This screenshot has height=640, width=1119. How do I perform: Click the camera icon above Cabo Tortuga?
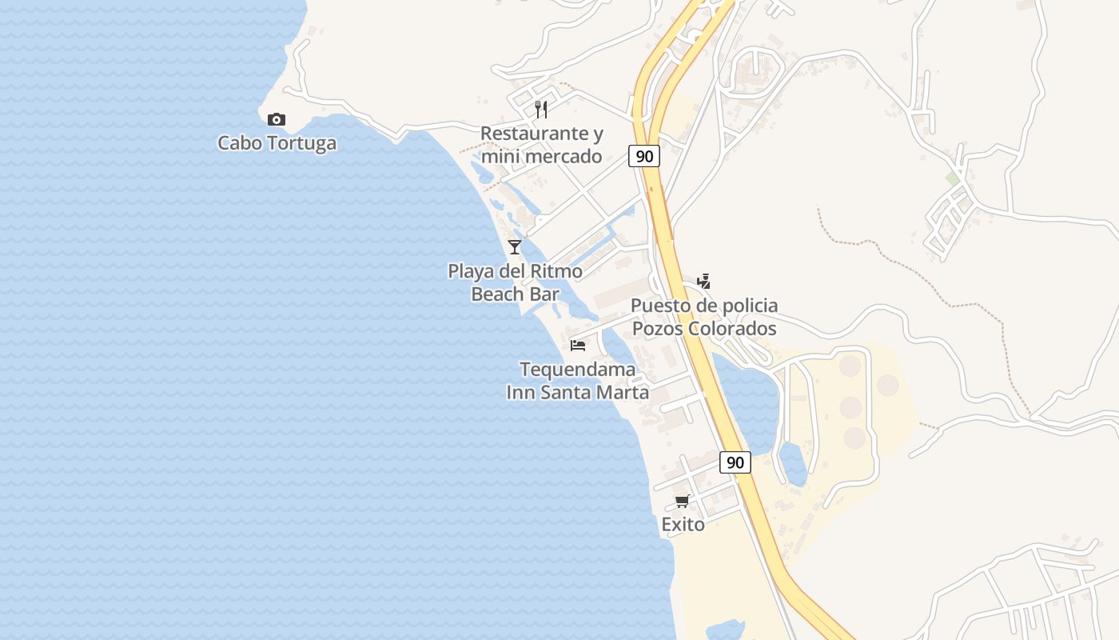tap(277, 120)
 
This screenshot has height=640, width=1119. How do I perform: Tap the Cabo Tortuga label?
tap(277, 143)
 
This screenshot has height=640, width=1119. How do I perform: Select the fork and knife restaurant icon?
tap(542, 110)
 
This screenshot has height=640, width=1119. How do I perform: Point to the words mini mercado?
tap(542, 156)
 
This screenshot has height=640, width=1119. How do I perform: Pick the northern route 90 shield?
tap(643, 156)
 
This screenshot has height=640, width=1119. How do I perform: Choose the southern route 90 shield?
tap(735, 462)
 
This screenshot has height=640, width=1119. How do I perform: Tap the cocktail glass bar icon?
tap(515, 246)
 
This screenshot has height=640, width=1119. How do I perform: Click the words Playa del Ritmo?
tap(515, 270)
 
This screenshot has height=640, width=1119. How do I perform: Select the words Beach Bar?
tap(515, 294)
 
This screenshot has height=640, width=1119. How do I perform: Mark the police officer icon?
tap(703, 281)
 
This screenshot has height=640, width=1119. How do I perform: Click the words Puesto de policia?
tap(704, 306)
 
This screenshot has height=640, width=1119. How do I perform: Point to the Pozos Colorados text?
tap(704, 328)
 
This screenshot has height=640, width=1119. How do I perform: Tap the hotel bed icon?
tap(578, 346)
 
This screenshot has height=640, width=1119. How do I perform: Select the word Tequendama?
tap(578, 370)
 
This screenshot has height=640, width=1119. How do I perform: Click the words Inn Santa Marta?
tap(578, 393)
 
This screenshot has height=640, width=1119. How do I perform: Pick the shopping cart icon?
tap(682, 501)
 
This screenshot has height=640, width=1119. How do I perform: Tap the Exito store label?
tap(683, 524)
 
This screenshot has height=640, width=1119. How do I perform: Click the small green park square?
tap(952, 178)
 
